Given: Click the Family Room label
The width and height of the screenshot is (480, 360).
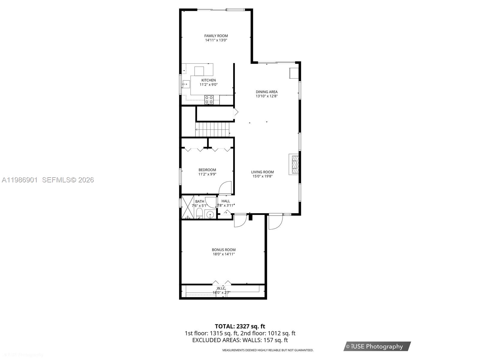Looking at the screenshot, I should (216, 36).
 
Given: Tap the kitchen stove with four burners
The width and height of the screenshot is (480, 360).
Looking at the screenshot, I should (209, 100).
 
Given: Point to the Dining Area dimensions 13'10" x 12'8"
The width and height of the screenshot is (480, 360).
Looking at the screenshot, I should (266, 96).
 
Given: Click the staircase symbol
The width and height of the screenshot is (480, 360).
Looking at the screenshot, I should (212, 129).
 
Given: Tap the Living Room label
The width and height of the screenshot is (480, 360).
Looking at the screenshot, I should (262, 172).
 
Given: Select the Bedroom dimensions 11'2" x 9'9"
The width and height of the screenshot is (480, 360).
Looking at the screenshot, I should (207, 174).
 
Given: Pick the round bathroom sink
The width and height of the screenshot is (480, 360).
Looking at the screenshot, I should (210, 214).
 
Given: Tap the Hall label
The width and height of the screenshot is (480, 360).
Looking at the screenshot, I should (226, 201).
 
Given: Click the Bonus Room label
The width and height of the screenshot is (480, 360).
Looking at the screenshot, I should (223, 250).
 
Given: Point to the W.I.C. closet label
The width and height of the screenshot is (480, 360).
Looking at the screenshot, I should (221, 288).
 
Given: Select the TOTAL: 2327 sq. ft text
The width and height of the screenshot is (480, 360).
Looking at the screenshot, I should (240, 326).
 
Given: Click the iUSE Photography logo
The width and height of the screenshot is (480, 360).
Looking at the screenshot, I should (377, 346).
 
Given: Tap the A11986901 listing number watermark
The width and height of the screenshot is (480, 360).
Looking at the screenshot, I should (20, 180).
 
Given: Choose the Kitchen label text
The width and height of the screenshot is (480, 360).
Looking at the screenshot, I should (208, 80).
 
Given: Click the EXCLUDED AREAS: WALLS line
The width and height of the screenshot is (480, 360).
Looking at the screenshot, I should (240, 340).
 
